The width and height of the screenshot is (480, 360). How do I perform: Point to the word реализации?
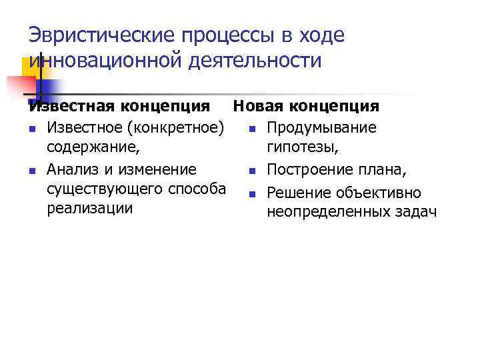coord(90,208)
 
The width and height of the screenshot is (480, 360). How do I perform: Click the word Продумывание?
coord(321,127)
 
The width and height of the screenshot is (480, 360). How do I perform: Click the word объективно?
coord(379,193)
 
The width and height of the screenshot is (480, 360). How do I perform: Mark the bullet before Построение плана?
coord(251,170)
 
